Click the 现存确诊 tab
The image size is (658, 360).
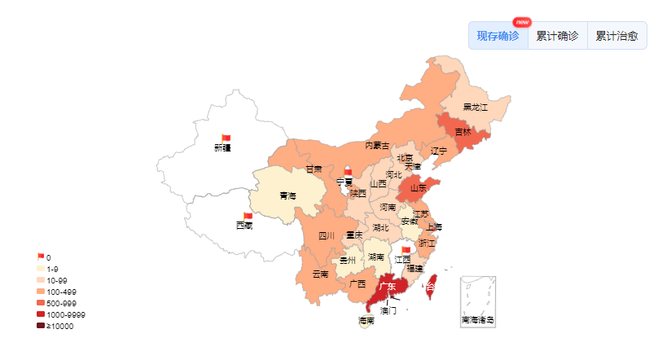498,36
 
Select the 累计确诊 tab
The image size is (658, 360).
558,36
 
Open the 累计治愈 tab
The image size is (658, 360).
616,36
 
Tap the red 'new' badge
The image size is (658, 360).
522,22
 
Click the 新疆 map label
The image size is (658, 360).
222,148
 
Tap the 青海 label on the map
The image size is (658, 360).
288,195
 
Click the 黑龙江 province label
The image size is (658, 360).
475,107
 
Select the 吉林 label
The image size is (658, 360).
463,132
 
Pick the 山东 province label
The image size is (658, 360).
418,188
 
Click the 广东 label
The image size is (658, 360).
388,286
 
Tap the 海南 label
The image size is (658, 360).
366,321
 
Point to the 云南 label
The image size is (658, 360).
320,274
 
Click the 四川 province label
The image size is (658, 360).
327,236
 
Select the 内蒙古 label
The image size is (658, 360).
377,146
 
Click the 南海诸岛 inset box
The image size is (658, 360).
477,301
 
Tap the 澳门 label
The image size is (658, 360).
388,310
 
